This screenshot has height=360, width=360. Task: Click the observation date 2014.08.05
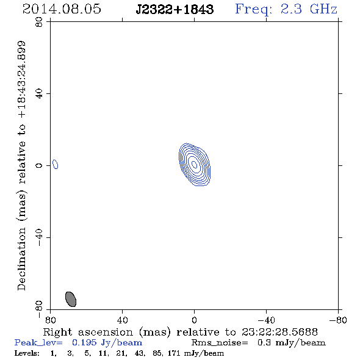pyautogui.click(x=62, y=9)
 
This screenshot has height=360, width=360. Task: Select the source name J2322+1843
pyautogui.click(x=175, y=9)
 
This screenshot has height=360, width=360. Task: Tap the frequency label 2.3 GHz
pyautogui.click(x=309, y=9)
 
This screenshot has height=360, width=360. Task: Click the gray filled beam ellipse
pyautogui.click(x=71, y=299)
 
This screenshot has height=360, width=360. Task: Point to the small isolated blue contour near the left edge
pyautogui.click(x=56, y=164)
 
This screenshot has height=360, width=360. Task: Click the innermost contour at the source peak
pyautogui.click(x=194, y=164)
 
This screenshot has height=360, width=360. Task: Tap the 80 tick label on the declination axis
pyautogui.click(x=39, y=22)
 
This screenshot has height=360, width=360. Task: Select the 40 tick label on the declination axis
pyautogui.click(x=39, y=93)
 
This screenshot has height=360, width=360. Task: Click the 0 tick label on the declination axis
pyautogui.click(x=39, y=165)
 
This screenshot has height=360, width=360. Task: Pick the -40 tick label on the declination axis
pyautogui.click(x=39, y=237)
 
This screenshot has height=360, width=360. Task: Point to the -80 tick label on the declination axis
pyautogui.click(x=39, y=309)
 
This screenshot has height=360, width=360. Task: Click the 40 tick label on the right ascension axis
pyautogui.click(x=122, y=320)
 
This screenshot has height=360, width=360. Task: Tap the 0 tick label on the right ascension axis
pyautogui.click(x=194, y=320)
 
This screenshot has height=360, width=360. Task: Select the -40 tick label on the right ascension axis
pyautogui.click(x=266, y=320)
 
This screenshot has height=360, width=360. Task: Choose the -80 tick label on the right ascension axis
pyautogui.click(x=338, y=320)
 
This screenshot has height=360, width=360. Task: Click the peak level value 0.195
pyautogui.click(x=84, y=342)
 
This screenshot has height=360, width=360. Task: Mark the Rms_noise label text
pyautogui.click(x=220, y=343)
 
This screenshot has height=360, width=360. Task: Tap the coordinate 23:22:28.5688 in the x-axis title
pyautogui.click(x=279, y=332)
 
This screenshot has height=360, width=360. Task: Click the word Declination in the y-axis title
pyautogui.click(x=21, y=259)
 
